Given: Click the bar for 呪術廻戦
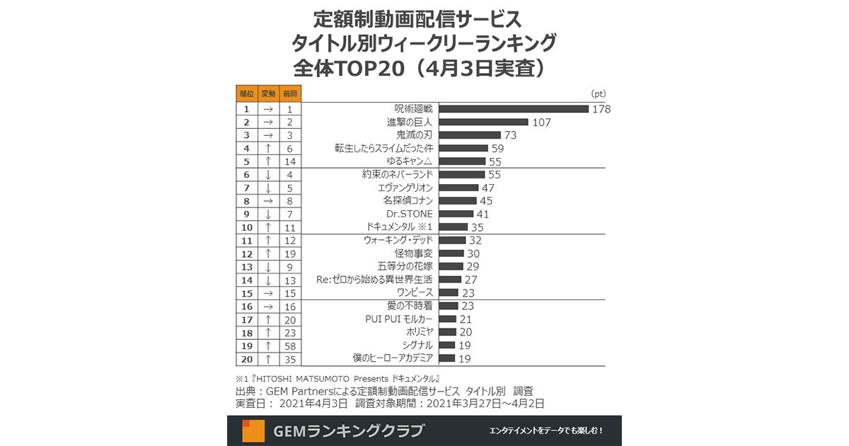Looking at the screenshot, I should [x=514, y=109].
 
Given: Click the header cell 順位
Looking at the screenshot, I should [x=246, y=93].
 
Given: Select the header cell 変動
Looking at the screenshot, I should [x=268, y=93].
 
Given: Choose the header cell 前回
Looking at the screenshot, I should [x=290, y=93].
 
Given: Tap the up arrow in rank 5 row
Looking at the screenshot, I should [x=268, y=161].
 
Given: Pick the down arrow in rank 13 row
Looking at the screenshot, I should [x=268, y=266].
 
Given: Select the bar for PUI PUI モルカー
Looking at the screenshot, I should [x=447, y=319].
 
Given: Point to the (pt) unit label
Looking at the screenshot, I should [x=598, y=93].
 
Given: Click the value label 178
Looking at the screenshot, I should [x=601, y=109].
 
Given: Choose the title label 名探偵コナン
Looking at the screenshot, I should [x=408, y=201].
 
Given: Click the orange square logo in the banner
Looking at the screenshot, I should [x=253, y=430].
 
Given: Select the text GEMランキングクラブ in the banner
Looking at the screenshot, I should [x=349, y=430].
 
